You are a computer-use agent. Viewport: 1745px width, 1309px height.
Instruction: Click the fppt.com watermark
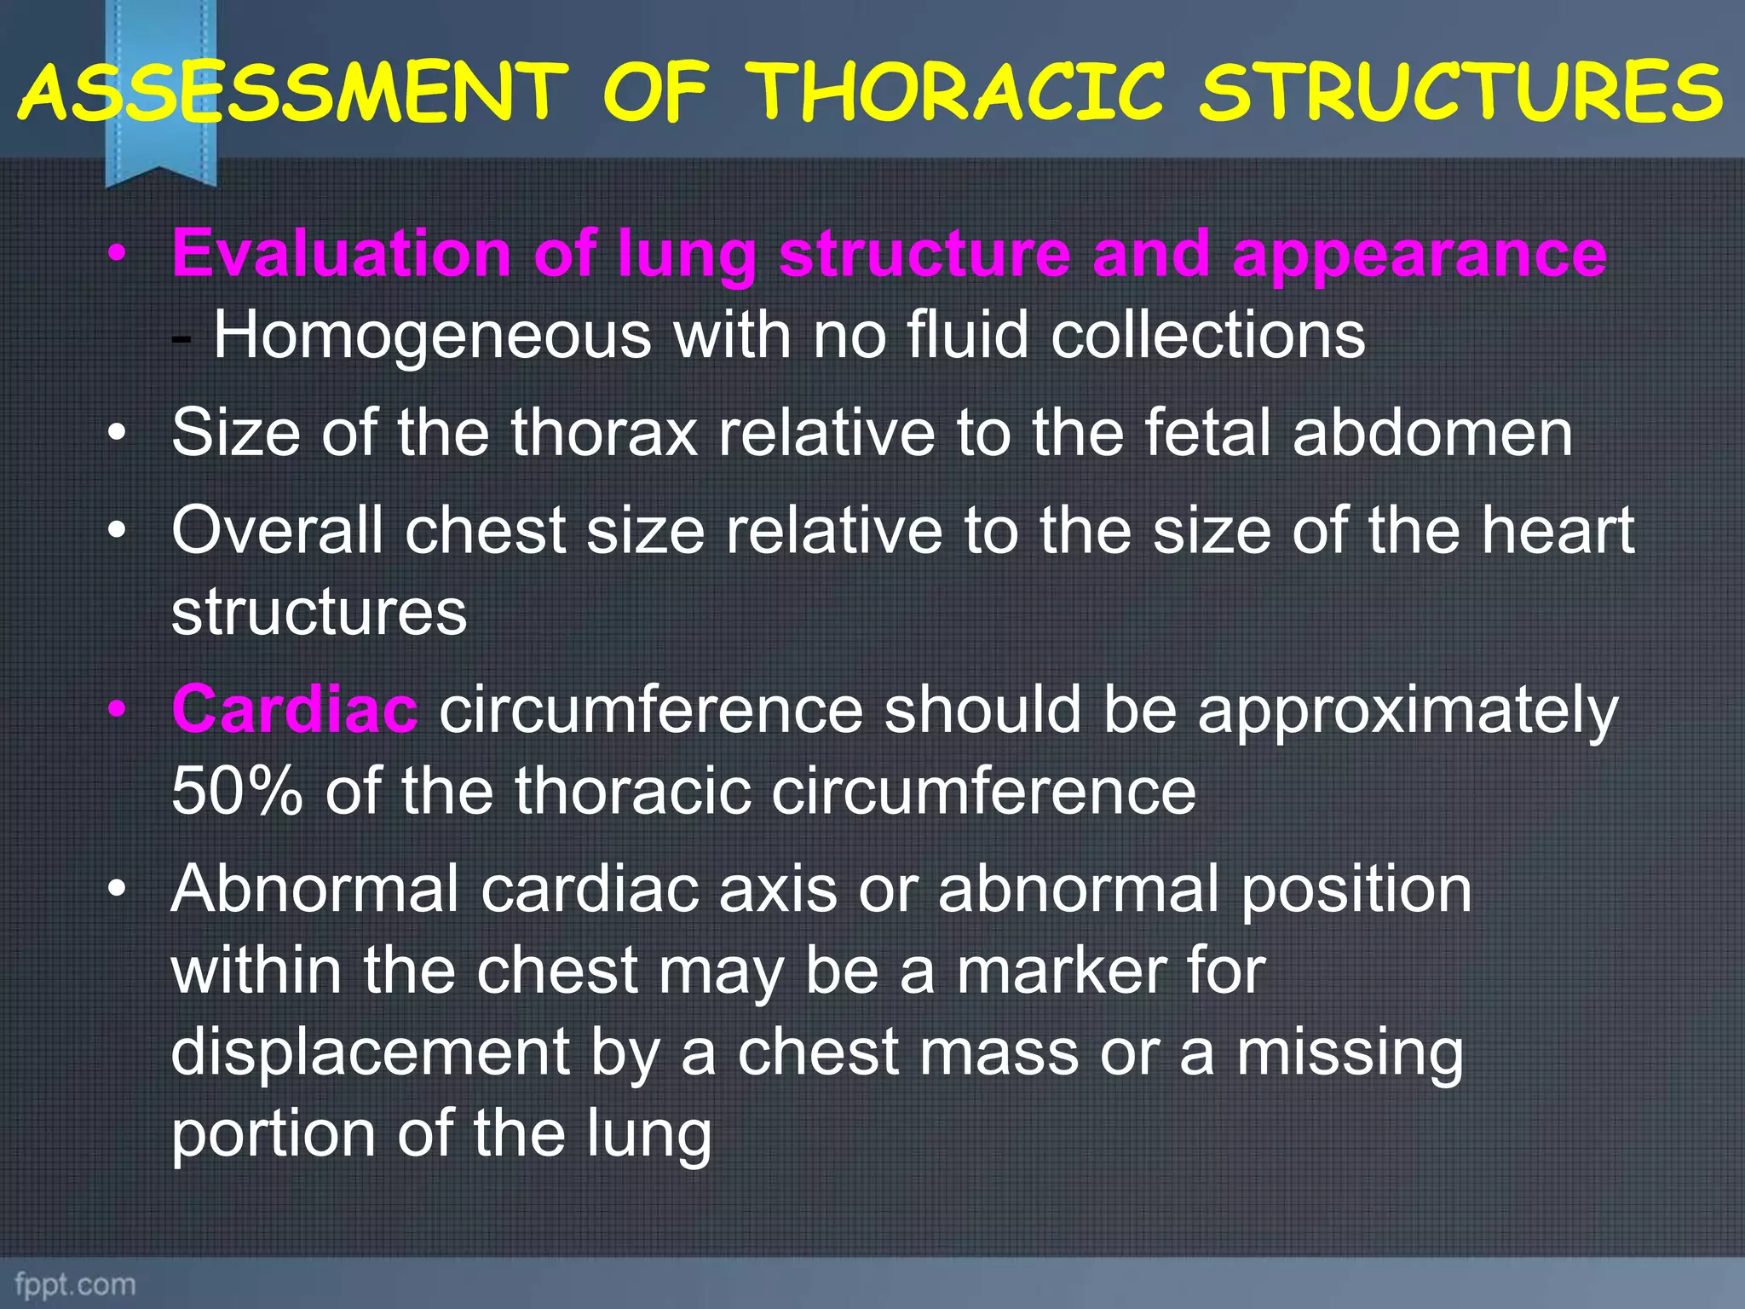pyautogui.click(x=75, y=1283)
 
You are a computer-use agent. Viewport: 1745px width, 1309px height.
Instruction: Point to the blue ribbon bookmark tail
pyautogui.click(x=160, y=166)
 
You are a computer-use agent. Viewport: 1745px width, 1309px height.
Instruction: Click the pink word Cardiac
pyautogui.click(x=294, y=709)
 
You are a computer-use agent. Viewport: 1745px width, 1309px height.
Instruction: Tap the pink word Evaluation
pyautogui.click(x=341, y=254)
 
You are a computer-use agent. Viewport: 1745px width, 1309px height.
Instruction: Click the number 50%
pyautogui.click(x=236, y=791)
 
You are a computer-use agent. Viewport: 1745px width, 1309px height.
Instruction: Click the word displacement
pyautogui.click(x=370, y=1052)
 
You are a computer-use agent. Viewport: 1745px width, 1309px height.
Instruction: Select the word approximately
pyautogui.click(x=1407, y=709)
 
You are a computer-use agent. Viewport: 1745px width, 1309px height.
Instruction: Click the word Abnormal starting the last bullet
pyautogui.click(x=314, y=889)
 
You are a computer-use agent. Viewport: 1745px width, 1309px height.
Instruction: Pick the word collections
pyautogui.click(x=1207, y=335)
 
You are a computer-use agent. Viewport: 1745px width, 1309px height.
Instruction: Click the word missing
pyautogui.click(x=1350, y=1052)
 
